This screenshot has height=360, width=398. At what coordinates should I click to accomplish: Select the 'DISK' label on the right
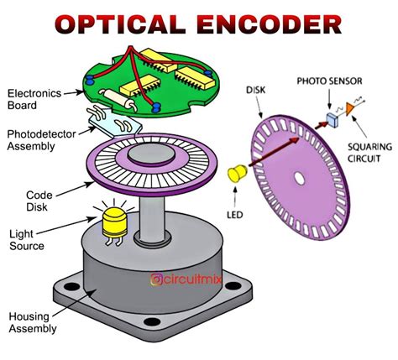(x=258, y=89)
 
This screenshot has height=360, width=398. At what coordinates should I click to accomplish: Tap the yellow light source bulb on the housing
(x=113, y=222)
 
